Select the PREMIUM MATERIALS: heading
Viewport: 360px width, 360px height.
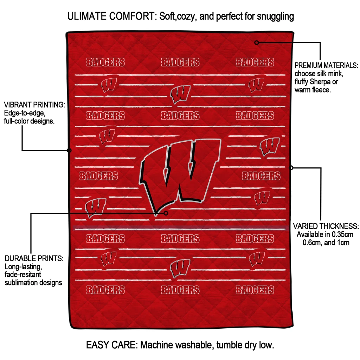pos(326,65)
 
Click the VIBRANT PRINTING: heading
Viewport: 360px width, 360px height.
pos(34,105)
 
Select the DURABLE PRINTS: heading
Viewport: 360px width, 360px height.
pos(34,258)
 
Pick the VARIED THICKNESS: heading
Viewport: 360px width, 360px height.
pos(326,226)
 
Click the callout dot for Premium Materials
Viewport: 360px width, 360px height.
pos(257,43)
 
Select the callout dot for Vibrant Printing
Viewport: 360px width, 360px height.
pos(69,150)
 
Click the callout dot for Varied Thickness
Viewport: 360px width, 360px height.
pos(291,168)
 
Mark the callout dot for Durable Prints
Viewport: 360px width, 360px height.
pos(166,213)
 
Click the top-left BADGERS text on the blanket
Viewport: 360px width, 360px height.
pos(105,62)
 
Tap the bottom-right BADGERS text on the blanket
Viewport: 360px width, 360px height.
pos(255,290)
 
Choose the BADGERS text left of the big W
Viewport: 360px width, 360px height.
pos(99,176)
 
